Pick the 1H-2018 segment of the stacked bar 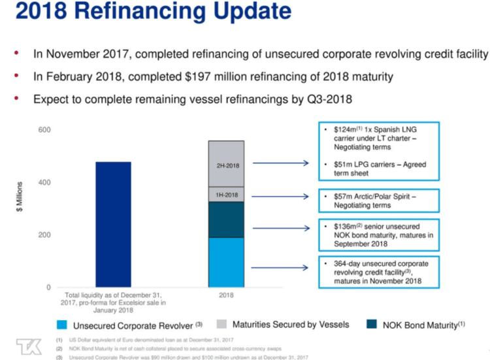(x=226, y=195)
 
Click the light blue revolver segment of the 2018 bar (x=226, y=262)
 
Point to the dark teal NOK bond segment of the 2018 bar (x=226, y=220)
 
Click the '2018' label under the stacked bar (x=226, y=295)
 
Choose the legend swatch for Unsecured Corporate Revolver (x=63, y=325)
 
